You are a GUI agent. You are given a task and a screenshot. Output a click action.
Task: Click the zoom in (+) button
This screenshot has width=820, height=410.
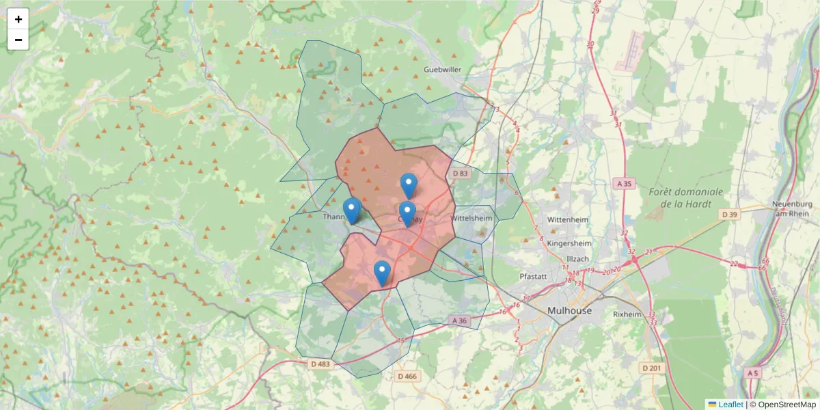click(x=18, y=19)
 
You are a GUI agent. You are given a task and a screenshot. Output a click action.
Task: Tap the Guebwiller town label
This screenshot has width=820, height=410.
click(x=443, y=70)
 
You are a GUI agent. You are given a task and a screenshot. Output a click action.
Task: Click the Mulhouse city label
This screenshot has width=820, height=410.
click(x=569, y=310)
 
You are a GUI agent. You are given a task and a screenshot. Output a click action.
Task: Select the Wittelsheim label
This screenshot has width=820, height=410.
click(x=471, y=219)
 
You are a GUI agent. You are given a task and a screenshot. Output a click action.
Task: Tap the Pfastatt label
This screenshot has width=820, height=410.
click(x=535, y=277)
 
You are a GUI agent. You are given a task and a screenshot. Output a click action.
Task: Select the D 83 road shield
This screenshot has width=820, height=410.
click(x=460, y=174)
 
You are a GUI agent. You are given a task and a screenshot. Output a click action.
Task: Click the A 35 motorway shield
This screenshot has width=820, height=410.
click(x=624, y=183)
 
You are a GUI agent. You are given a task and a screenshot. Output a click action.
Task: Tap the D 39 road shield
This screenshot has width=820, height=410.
click(x=730, y=215)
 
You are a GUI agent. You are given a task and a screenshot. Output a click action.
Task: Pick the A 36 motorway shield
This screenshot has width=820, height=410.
click(x=459, y=320)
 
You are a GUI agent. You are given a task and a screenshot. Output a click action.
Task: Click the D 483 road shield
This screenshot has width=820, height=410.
click(x=319, y=364)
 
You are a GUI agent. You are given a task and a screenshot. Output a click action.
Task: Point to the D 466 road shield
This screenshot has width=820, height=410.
click(x=407, y=376)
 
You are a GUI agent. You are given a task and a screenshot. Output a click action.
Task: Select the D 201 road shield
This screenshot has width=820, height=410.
click(x=652, y=368)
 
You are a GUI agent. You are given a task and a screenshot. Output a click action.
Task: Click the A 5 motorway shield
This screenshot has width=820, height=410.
click(x=752, y=373)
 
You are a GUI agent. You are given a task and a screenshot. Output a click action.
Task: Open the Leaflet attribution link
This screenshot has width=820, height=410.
click(x=730, y=405)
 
